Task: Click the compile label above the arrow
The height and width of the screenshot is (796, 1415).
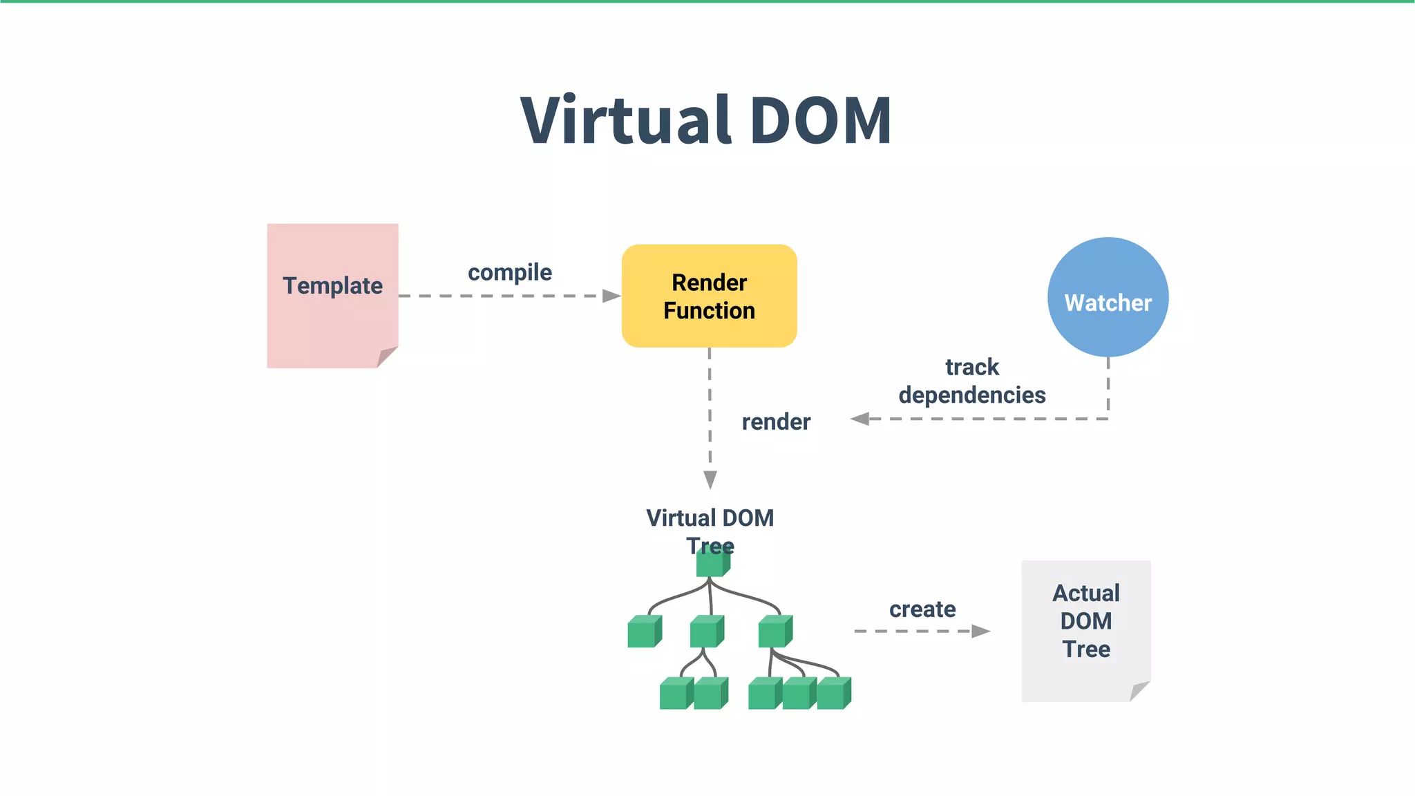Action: [x=510, y=272]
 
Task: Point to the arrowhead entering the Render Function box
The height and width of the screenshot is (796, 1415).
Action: [x=611, y=296]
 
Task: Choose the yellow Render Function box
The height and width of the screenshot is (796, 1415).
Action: [x=709, y=296]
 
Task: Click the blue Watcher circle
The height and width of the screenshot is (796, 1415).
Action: [x=1108, y=298]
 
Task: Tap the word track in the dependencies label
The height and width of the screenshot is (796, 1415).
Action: [x=971, y=367]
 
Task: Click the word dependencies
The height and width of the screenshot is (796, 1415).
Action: [x=971, y=395]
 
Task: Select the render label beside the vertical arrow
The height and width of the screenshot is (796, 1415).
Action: [x=775, y=421]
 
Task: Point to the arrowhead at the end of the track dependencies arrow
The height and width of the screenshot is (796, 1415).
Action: [x=860, y=419]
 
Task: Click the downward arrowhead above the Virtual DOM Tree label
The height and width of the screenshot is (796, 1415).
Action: [x=710, y=479]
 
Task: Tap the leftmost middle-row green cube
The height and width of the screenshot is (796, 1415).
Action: [x=643, y=632]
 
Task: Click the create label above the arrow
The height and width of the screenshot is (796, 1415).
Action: [x=922, y=609]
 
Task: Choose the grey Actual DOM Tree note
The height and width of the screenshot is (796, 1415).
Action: [x=1085, y=630]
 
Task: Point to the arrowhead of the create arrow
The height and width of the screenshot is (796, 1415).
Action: [x=980, y=631]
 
